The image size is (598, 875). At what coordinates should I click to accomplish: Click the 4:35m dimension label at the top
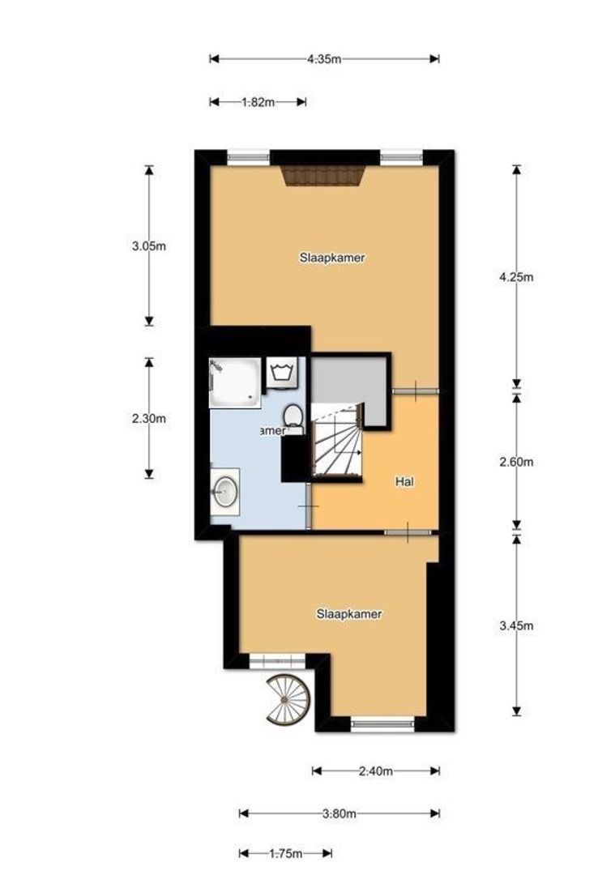click(x=324, y=59)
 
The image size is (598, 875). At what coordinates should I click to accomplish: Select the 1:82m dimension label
click(x=258, y=102)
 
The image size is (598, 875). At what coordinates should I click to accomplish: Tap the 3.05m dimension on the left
click(x=149, y=246)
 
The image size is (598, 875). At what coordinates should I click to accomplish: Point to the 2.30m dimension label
click(x=149, y=419)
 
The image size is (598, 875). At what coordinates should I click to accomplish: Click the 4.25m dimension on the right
click(x=517, y=276)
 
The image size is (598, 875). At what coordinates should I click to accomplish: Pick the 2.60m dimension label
click(x=517, y=462)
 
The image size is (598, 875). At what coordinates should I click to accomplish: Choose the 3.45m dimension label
click(x=517, y=625)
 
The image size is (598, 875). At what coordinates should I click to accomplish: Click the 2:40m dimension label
click(x=376, y=771)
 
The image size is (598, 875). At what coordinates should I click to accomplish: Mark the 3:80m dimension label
click(x=340, y=813)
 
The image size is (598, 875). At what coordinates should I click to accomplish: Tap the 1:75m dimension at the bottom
click(x=285, y=853)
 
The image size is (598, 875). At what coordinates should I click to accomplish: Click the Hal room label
click(x=405, y=481)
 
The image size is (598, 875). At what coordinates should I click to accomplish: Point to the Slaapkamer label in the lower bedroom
click(x=348, y=614)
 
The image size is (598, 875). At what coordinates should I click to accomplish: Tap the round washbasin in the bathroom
click(x=225, y=490)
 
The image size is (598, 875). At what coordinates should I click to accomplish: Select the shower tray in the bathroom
click(x=235, y=382)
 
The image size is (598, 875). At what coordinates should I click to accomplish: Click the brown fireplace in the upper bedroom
click(x=325, y=176)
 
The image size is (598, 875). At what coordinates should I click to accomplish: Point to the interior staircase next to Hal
click(x=335, y=444)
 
